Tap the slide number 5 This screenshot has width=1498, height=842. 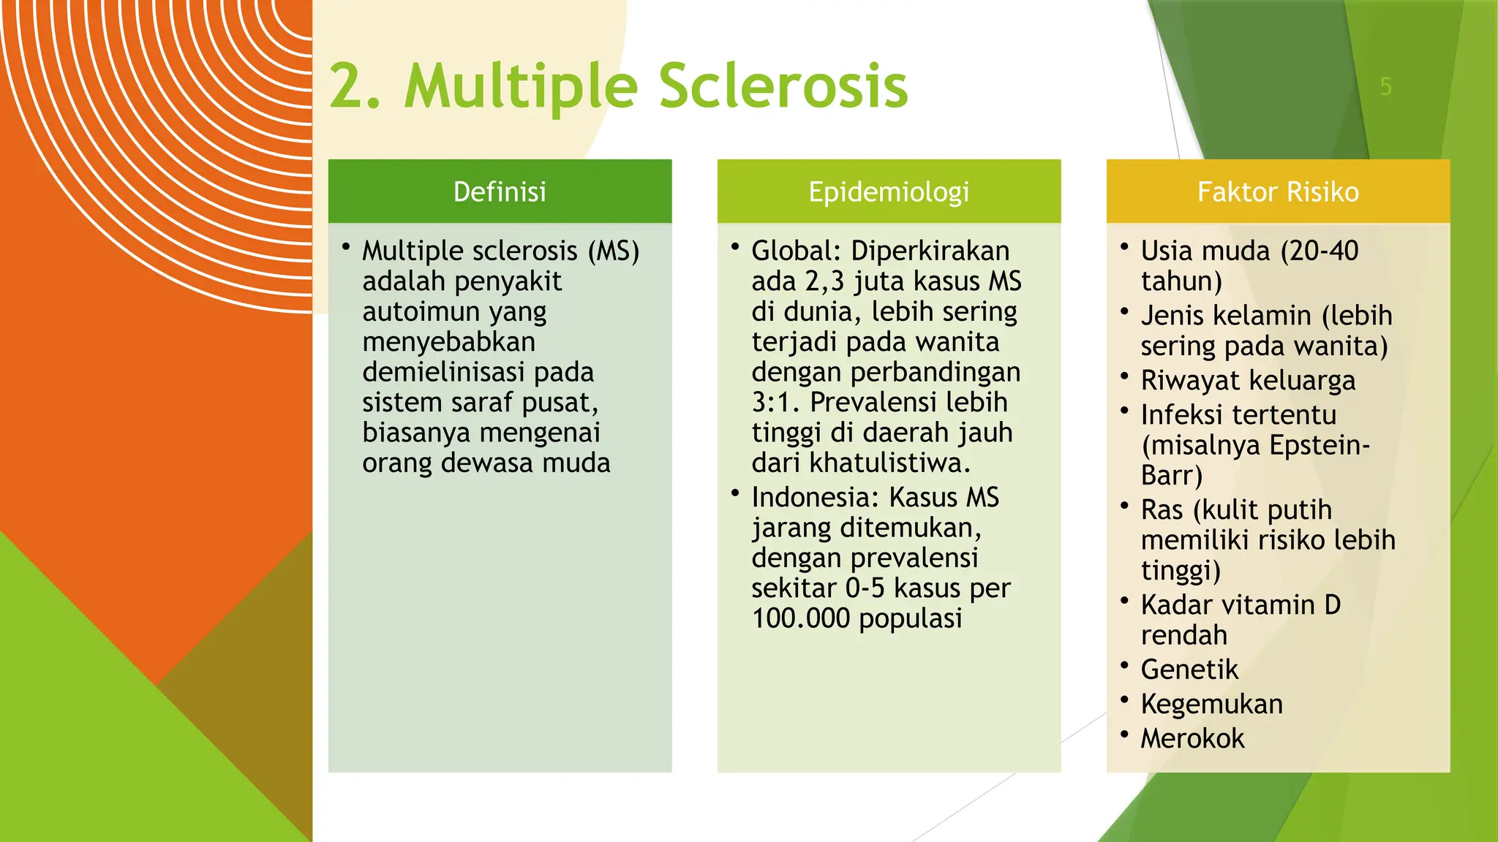[1385, 87]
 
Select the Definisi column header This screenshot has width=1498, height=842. [500, 191]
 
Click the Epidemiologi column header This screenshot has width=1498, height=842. [889, 191]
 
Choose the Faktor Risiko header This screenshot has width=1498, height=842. [1278, 191]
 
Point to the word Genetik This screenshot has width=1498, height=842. [1189, 670]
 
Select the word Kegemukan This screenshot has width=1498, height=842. [1211, 704]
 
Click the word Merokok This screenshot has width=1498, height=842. [1192, 738]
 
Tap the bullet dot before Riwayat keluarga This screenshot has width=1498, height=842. [1124, 377]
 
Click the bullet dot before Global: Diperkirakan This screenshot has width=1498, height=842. [735, 247]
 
